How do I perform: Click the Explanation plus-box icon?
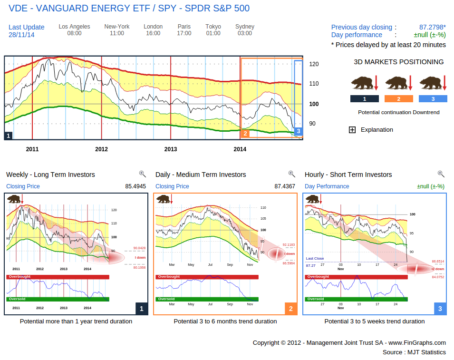point(352,130)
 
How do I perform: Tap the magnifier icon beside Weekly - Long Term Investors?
point(142,174)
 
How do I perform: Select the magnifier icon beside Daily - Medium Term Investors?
point(291,174)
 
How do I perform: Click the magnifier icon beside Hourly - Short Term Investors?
point(441,174)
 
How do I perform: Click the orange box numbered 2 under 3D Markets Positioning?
point(398,99)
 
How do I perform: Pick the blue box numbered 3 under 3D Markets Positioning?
point(433,99)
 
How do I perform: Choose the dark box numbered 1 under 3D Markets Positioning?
point(364,99)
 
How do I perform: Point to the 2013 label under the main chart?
point(171,149)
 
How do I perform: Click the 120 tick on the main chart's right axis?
point(314,64)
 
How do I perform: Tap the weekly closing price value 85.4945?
point(135,186)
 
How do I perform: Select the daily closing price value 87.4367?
point(285,186)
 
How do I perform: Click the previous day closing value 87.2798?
point(432,27)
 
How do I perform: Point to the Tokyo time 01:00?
point(213,33)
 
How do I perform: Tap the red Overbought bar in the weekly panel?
point(58,277)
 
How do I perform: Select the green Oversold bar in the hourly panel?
point(357,299)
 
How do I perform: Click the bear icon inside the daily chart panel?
point(164,199)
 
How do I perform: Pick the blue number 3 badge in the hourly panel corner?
point(440,309)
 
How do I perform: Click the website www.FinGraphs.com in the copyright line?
point(417,342)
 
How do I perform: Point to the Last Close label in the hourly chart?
point(315,259)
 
